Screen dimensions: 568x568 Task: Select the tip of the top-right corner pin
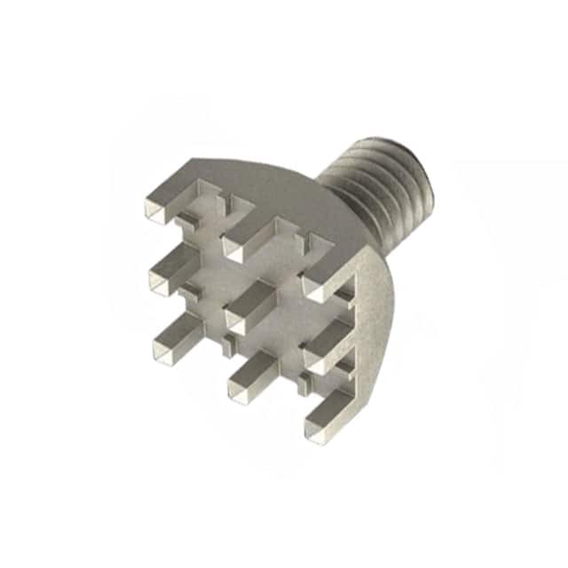(316, 287)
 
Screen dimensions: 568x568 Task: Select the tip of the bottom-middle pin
(241, 388)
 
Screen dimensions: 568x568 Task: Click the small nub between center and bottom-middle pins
(229, 341)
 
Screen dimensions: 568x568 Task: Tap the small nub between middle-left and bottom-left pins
(187, 292)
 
